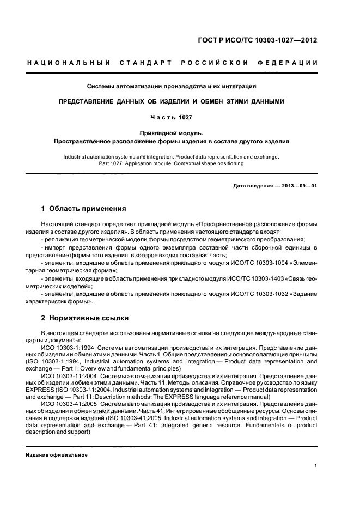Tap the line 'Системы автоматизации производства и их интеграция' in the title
(x=172, y=86)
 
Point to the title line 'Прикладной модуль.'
(x=172, y=132)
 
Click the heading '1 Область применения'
(x=84, y=208)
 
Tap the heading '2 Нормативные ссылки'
(x=85, y=318)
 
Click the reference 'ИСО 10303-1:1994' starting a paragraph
(x=66, y=345)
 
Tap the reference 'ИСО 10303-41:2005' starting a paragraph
(x=68, y=404)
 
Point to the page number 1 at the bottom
(x=316, y=466)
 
